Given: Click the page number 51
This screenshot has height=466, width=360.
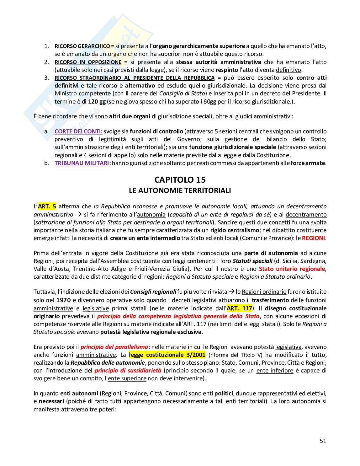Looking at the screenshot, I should pyautogui.click(x=323, y=441).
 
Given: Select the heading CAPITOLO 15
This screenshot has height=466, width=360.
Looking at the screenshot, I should pyautogui.click(x=180, y=179).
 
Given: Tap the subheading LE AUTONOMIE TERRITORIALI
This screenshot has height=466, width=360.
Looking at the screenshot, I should pyautogui.click(x=180, y=190).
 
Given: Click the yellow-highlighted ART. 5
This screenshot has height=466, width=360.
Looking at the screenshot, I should pyautogui.click(x=47, y=206).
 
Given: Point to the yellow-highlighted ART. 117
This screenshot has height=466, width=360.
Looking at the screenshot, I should pyautogui.click(x=239, y=308).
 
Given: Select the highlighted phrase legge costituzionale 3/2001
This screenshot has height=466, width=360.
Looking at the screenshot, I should pyautogui.click(x=167, y=355).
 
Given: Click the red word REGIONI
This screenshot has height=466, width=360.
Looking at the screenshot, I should pyautogui.click(x=313, y=238).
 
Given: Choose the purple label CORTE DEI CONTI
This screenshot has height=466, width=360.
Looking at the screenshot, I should pyautogui.click(x=78, y=131).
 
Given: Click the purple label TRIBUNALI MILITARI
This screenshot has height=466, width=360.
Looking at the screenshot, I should pyautogui.click(x=83, y=163).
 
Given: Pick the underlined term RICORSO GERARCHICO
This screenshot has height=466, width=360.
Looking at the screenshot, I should pyautogui.click(x=82, y=46).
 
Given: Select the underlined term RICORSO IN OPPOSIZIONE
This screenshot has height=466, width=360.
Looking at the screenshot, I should pyautogui.click(x=88, y=62).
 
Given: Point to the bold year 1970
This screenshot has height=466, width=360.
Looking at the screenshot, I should pyautogui.click(x=63, y=300).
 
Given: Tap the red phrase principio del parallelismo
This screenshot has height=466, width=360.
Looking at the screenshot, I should pyautogui.click(x=114, y=347).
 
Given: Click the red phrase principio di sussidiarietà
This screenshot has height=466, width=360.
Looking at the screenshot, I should pyautogui.click(x=128, y=370).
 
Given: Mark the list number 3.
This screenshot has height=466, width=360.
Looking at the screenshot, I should pyautogui.click(x=46, y=78).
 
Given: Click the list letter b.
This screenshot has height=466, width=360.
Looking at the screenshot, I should pyautogui.click(x=46, y=163).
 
